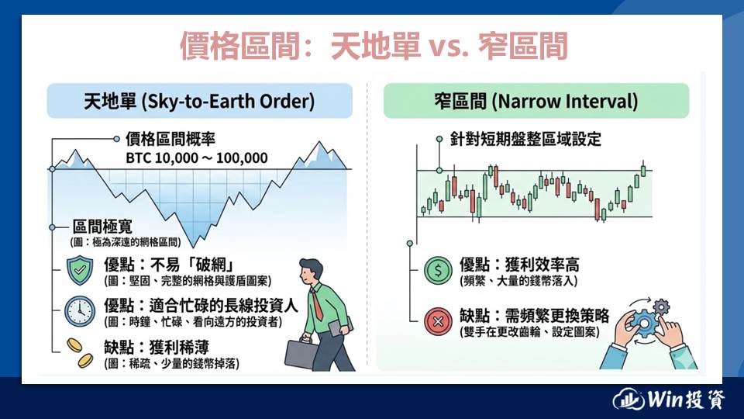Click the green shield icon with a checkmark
coord(79,270)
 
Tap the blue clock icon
coord(80,311)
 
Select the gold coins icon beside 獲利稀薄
coord(80,353)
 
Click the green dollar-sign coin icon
coord(438,270)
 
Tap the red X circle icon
coord(438,321)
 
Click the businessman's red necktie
coord(316,303)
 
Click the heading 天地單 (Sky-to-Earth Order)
coord(199,101)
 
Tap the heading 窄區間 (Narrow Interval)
coord(536,101)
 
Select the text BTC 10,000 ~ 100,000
coord(196,158)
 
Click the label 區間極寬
coord(102,226)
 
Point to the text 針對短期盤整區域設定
coord(525,139)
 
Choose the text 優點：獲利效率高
coord(519,264)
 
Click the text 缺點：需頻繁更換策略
coord(534,316)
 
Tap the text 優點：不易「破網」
coord(168,264)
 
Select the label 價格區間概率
coord(170,139)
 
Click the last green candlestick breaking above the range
coord(643,170)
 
